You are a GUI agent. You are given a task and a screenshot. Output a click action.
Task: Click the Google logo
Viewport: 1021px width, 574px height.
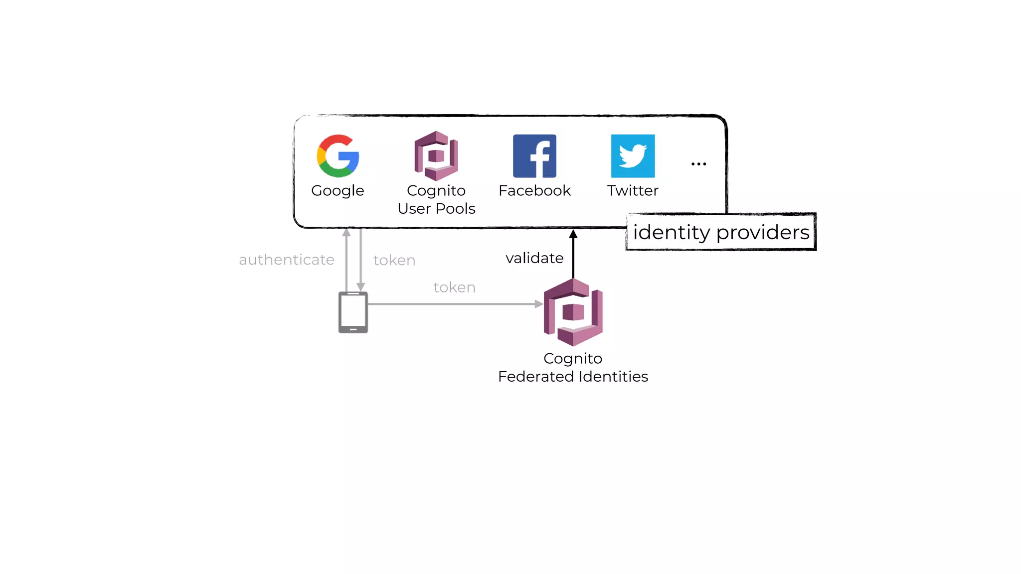pyautogui.click(x=338, y=156)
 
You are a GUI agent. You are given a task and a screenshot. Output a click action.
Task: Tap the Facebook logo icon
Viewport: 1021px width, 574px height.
pyautogui.click(x=534, y=156)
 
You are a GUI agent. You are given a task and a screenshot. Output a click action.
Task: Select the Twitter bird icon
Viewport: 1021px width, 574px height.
pyautogui.click(x=633, y=156)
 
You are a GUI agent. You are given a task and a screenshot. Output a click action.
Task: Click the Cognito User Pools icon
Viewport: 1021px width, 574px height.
pyautogui.click(x=436, y=156)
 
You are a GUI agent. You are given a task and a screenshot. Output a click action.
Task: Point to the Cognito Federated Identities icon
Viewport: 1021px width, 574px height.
pyautogui.click(x=573, y=312)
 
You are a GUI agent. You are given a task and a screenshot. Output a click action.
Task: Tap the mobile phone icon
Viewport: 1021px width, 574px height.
pyautogui.click(x=353, y=312)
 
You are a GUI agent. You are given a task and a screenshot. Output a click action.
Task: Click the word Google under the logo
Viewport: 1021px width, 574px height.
pyautogui.click(x=338, y=191)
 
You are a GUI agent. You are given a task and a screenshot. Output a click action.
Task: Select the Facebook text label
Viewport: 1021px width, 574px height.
pyautogui.click(x=534, y=190)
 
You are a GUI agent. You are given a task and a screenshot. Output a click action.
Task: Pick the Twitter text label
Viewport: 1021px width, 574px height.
pyautogui.click(x=633, y=190)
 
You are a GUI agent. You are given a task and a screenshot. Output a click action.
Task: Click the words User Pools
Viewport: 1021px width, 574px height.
pyautogui.click(x=436, y=208)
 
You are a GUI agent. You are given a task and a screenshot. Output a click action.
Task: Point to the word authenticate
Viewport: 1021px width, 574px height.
pyautogui.click(x=287, y=260)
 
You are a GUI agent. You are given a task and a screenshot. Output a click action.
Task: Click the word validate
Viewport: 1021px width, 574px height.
pyautogui.click(x=534, y=258)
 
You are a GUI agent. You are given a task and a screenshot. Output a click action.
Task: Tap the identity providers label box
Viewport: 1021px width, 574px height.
pyautogui.click(x=721, y=232)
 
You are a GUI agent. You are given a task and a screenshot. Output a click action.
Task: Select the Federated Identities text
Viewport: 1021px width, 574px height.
pyautogui.click(x=573, y=376)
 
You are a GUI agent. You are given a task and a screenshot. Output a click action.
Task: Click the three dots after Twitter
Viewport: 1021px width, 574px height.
pyautogui.click(x=698, y=164)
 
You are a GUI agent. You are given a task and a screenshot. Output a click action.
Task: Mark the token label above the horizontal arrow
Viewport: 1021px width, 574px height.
pyautogui.click(x=454, y=287)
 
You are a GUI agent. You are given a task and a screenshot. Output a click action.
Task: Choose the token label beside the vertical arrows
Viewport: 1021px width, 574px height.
pyautogui.click(x=394, y=260)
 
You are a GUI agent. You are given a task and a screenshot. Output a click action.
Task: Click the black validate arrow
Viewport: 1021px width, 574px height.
pyautogui.click(x=573, y=254)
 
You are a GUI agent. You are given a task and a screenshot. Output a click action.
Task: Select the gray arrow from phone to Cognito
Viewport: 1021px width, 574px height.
pyautogui.click(x=454, y=304)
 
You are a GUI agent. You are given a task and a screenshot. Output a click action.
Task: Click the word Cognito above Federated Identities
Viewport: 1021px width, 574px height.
pyautogui.click(x=573, y=359)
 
